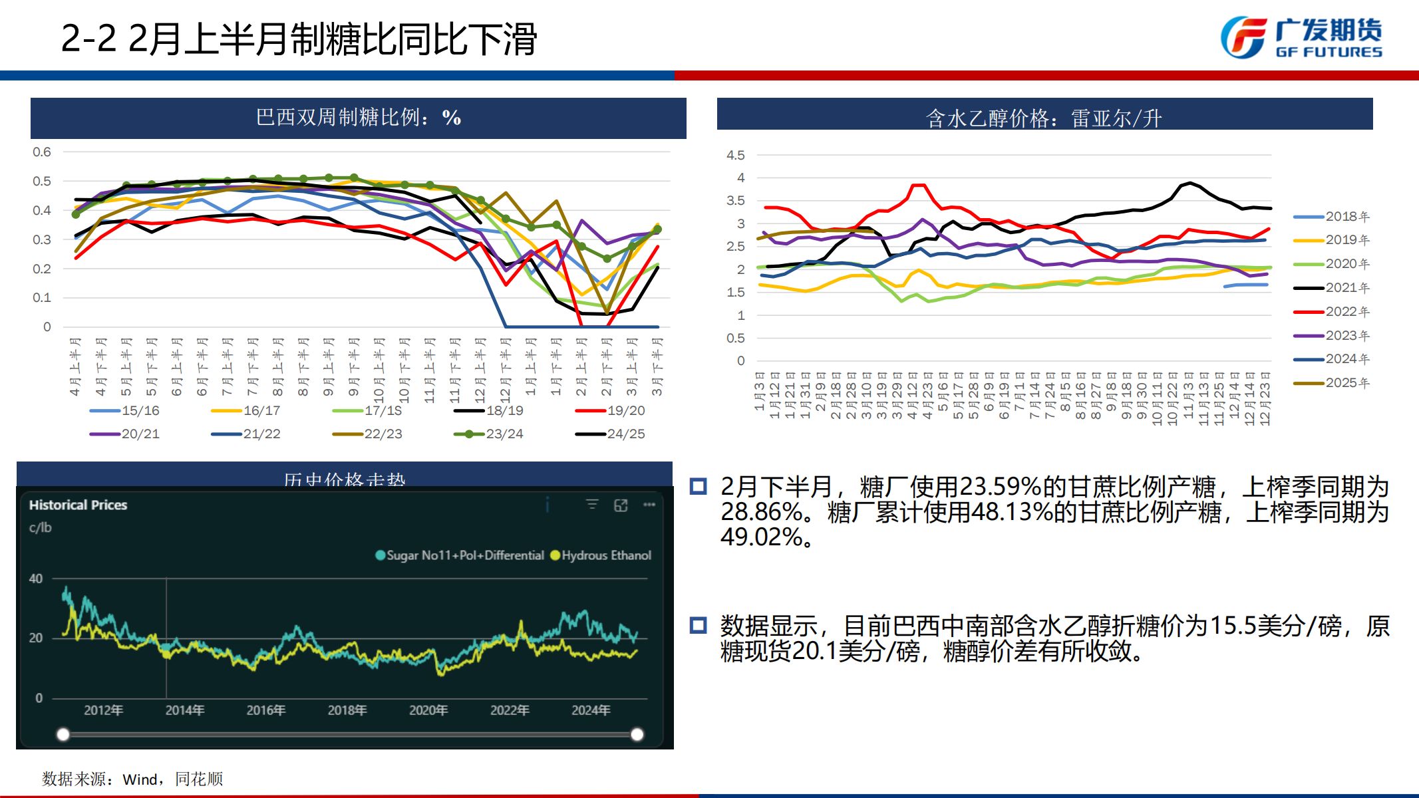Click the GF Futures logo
[1301, 38]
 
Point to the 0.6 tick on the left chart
[42, 152]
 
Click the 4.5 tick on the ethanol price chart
[735, 155]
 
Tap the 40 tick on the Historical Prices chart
[36, 579]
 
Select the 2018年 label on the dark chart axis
[347, 710]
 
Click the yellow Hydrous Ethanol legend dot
[555, 555]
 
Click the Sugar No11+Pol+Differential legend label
[465, 555]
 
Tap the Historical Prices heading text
[78, 505]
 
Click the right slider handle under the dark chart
[637, 734]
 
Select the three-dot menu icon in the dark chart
[649, 505]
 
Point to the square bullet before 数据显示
[698, 625]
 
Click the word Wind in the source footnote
[140, 779]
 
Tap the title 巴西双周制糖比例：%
[358, 118]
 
